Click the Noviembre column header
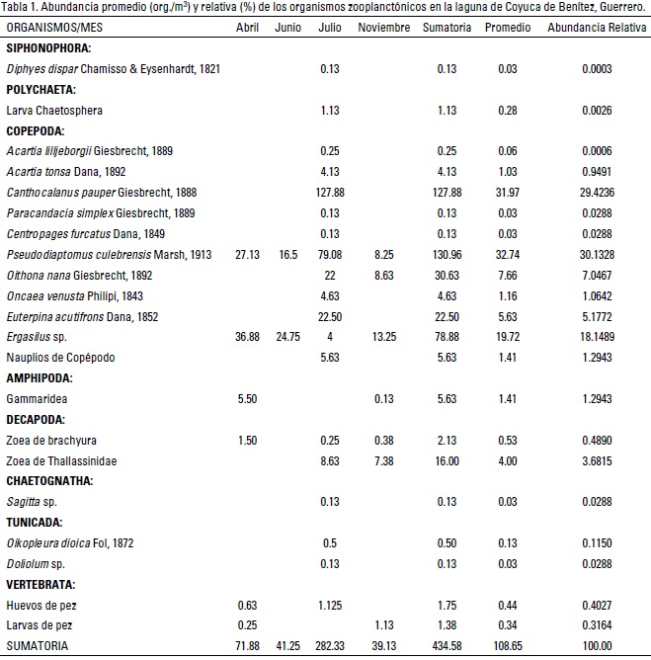[x=384, y=27]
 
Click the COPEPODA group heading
[x=36, y=129]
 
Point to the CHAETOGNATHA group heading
[x=49, y=481]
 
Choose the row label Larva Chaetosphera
[x=54, y=110]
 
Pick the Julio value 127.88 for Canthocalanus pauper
[x=331, y=192]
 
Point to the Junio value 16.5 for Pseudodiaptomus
[x=287, y=254]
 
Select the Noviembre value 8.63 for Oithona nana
[x=384, y=275]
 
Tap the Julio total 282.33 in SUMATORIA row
[x=331, y=646]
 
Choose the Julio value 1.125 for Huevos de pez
[x=331, y=605]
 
